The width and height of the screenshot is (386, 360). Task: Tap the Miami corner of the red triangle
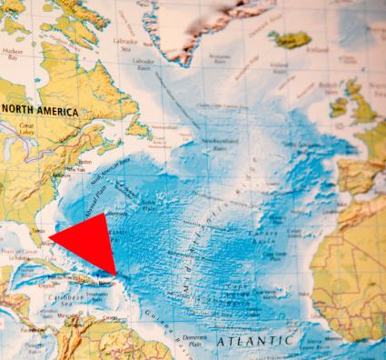click(x=50, y=238)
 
